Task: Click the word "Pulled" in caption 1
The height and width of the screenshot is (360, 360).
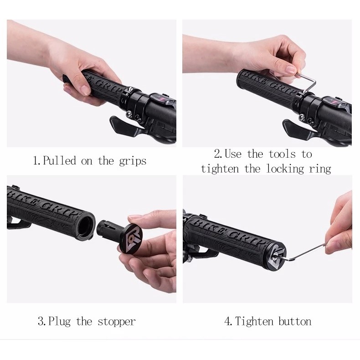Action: click(59, 160)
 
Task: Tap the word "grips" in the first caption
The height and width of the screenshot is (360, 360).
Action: click(133, 161)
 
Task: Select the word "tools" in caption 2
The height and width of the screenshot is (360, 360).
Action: click(282, 154)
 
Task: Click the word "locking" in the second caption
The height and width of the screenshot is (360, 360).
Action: click(285, 169)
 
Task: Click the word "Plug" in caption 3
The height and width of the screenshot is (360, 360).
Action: click(59, 322)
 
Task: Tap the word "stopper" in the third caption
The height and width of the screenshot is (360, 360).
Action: click(117, 322)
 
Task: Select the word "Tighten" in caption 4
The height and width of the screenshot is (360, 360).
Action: click(254, 321)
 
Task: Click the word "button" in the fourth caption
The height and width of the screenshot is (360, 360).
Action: click(295, 321)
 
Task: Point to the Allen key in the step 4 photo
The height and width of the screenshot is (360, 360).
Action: click(305, 253)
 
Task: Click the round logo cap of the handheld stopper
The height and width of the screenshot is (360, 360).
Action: click(130, 238)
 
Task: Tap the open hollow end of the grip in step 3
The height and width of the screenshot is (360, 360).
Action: click(86, 226)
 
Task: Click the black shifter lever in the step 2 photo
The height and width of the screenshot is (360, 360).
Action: click(299, 130)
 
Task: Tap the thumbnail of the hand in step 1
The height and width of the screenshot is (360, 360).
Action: click(85, 90)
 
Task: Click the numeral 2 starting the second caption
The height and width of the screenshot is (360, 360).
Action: click(217, 154)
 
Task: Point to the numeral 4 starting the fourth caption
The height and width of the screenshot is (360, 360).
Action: click(228, 321)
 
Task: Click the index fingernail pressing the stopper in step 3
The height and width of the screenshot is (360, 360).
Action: click(134, 216)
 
